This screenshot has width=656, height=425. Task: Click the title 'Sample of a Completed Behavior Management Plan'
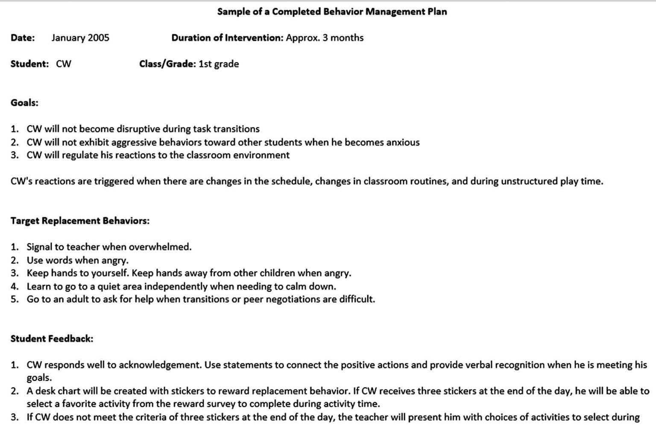pyautogui.click(x=332, y=12)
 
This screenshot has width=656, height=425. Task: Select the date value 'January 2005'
pyautogui.click(x=80, y=38)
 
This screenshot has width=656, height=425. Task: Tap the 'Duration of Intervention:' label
pyautogui.click(x=227, y=38)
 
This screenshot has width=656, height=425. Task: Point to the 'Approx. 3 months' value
pyautogui.click(x=325, y=38)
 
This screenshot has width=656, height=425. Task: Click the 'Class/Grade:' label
pyautogui.click(x=167, y=64)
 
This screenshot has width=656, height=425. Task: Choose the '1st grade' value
pyautogui.click(x=219, y=64)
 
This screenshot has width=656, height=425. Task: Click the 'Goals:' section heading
pyautogui.click(x=24, y=103)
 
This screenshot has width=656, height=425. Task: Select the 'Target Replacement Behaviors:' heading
pyautogui.click(x=80, y=221)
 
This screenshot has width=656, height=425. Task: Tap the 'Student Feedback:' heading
pyautogui.click(x=52, y=339)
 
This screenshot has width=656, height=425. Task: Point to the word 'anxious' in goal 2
pyautogui.click(x=403, y=142)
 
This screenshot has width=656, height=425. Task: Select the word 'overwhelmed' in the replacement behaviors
pyautogui.click(x=160, y=247)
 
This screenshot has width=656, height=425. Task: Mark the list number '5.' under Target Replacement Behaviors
pyautogui.click(x=15, y=299)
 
